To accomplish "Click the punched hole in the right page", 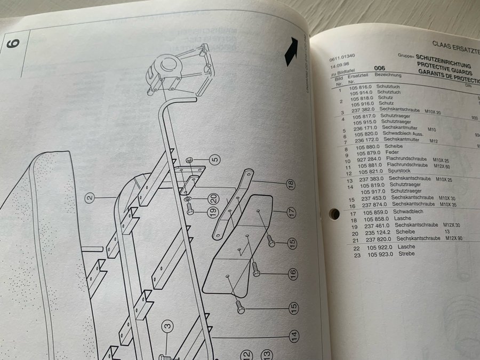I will click(x=334, y=214).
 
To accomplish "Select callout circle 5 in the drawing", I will click(x=214, y=159).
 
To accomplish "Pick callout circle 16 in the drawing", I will click(x=292, y=275).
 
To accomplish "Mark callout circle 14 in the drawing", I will click(x=293, y=336).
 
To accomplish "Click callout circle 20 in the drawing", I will click(x=212, y=198).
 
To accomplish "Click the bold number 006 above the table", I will click(x=380, y=68).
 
